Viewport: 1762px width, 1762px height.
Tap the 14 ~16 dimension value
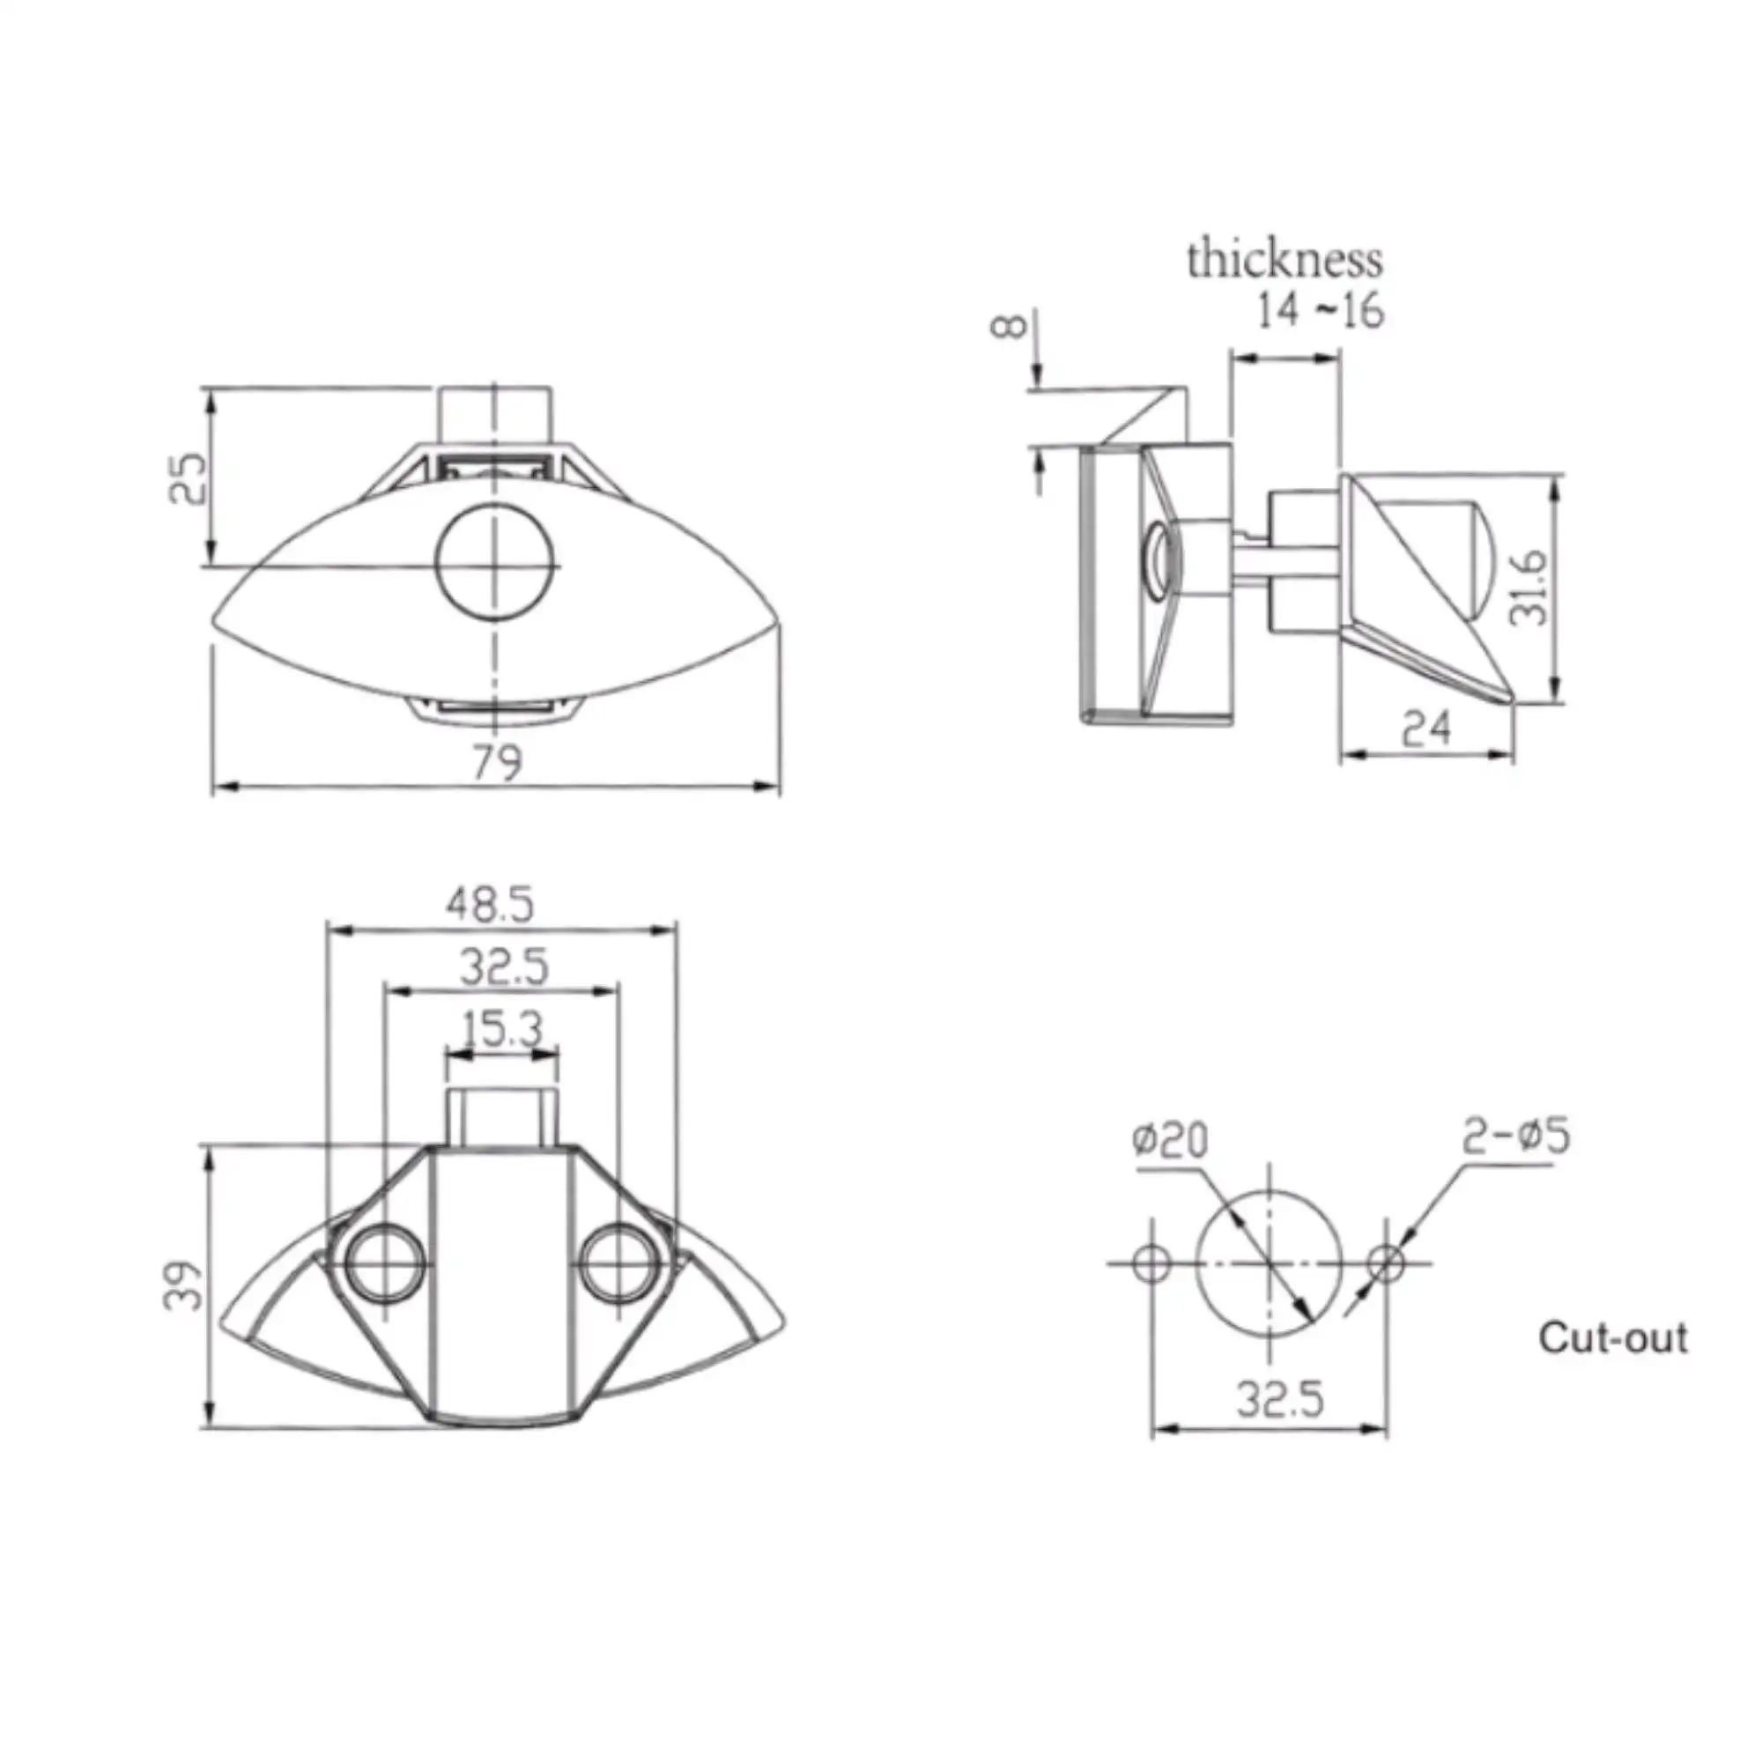[x=1321, y=310]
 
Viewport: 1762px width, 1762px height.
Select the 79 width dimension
[x=497, y=762]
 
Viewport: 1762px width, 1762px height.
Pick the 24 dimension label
[x=1425, y=729]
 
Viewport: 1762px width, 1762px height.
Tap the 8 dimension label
[x=1010, y=326]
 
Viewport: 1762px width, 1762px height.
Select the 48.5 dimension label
[x=490, y=906]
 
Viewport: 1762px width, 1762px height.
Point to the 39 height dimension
[x=182, y=1286]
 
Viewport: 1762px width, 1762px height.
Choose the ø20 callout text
[x=1170, y=1141]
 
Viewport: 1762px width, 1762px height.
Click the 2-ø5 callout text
[x=1517, y=1137]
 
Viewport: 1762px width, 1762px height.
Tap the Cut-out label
[x=1613, y=1338]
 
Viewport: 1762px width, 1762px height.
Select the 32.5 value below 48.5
[x=504, y=966]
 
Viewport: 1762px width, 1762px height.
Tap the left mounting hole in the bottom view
[x=384, y=1264]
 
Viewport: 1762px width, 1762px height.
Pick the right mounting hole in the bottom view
[x=618, y=1264]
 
